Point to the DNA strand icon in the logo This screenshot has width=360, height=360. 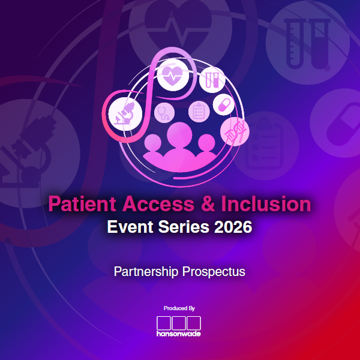coord(233,131)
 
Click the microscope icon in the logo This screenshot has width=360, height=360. coord(125,113)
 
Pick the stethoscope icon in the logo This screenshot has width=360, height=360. coord(163,112)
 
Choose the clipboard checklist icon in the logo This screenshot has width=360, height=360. coord(198,111)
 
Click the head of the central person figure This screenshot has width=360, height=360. coord(179,133)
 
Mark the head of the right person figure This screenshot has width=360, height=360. coord(206,142)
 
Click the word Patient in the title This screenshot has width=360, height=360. coord(83,204)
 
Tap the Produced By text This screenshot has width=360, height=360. coord(179,308)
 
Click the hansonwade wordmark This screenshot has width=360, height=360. coord(179,333)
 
